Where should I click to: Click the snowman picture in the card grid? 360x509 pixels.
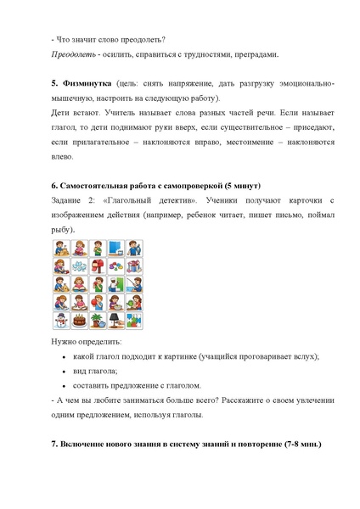coord(61,321)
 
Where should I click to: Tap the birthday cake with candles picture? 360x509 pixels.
coord(79,321)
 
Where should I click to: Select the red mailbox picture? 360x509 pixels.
coord(98,266)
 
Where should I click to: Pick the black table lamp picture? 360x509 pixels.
coord(115,321)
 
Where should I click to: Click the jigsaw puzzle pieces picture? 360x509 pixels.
coord(134,321)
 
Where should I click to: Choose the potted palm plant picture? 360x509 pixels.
coord(98,321)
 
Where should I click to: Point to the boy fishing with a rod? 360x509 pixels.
coord(134,284)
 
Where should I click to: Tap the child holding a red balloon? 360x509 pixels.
coord(98,302)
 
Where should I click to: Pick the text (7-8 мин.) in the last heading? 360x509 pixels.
coord(300,445)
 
